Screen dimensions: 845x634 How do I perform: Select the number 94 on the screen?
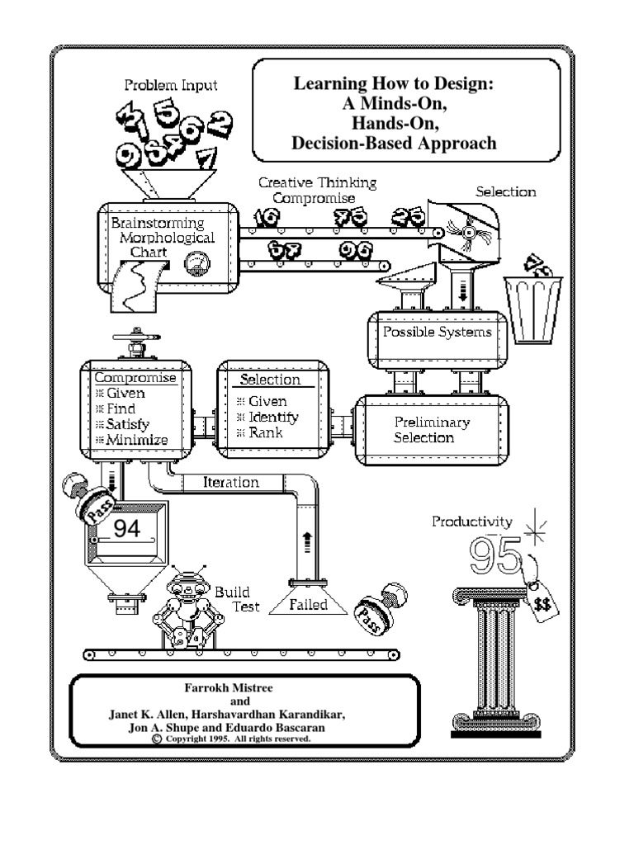(x=126, y=530)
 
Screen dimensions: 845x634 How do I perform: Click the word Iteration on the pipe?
(x=231, y=482)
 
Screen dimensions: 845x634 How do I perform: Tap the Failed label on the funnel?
(x=308, y=605)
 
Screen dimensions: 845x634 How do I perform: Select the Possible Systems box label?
(x=437, y=333)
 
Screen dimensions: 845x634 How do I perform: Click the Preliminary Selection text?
(x=431, y=430)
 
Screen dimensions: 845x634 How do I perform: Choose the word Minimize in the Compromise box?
(x=137, y=439)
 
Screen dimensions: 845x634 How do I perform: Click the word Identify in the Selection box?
(x=273, y=417)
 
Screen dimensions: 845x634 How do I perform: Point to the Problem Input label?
(x=171, y=85)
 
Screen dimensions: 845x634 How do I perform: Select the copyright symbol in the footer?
(x=157, y=739)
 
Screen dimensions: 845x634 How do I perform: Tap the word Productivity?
(x=472, y=522)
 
